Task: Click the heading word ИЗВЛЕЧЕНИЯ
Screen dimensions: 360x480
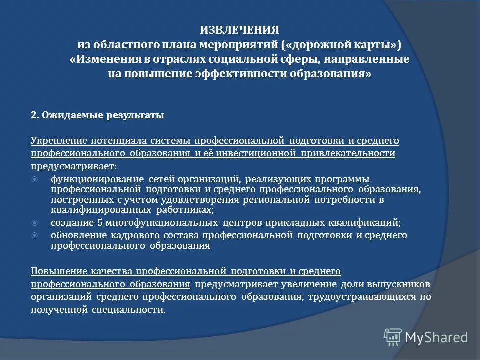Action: [x=239, y=30]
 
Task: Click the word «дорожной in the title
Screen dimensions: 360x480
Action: [x=314, y=44]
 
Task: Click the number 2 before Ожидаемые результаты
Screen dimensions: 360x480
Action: [x=33, y=115]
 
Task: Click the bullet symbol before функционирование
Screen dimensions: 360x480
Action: [x=34, y=179]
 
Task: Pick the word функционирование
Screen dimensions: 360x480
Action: [x=94, y=179]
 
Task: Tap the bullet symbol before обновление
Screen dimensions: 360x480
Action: [x=34, y=235]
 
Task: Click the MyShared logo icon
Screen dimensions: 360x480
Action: [x=393, y=336]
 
